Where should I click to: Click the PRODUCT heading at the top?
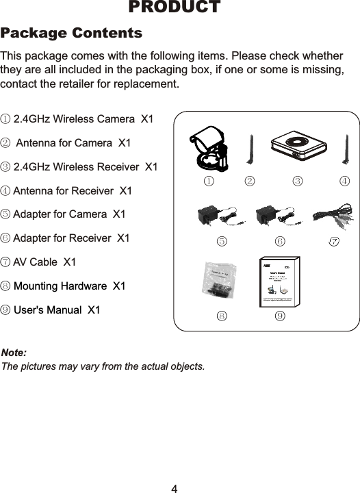[x=175, y=8]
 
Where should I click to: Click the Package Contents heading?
[x=72, y=34]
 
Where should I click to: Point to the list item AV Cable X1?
[x=39, y=262]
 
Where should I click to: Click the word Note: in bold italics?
[x=14, y=352]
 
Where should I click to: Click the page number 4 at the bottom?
[x=175, y=488]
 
